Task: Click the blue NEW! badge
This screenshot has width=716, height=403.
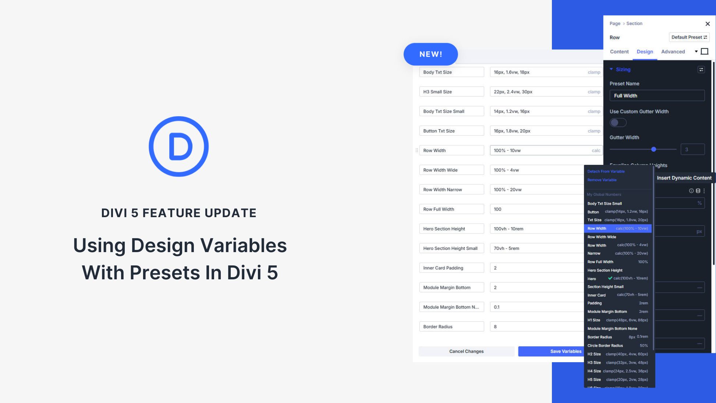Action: [x=430, y=54]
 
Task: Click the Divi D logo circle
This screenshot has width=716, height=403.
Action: [x=178, y=146]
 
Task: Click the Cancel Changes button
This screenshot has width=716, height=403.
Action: [x=466, y=351]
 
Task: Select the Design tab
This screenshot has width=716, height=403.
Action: [x=645, y=52]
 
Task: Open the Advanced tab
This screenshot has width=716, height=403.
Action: [x=673, y=52]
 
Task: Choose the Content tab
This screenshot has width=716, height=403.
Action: [x=619, y=52]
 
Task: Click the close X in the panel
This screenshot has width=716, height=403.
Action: [x=707, y=24]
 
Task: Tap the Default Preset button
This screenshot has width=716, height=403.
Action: [x=689, y=37]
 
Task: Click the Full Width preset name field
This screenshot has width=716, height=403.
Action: [x=657, y=96]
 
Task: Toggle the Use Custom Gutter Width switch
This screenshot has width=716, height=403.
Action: [x=618, y=123]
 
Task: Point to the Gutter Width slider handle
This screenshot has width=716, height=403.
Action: [x=653, y=149]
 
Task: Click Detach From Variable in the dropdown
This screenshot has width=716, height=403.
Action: [x=606, y=172]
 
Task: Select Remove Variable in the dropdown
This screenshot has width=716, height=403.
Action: [x=602, y=180]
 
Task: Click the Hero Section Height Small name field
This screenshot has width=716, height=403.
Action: [x=451, y=248]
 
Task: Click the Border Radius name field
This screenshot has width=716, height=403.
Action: [x=451, y=326]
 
